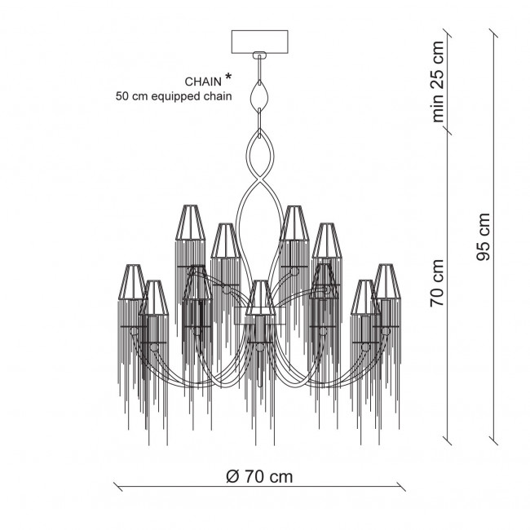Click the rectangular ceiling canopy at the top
(259, 42)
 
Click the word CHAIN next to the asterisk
(203, 82)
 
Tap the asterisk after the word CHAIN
(228, 77)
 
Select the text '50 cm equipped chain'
(174, 96)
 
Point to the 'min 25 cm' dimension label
(438, 82)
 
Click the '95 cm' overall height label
(483, 237)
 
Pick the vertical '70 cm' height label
(437, 283)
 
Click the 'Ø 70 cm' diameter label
(259, 477)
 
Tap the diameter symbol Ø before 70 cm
(232, 477)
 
